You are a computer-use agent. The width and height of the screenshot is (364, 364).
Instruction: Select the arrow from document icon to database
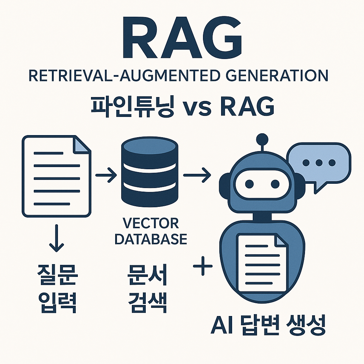[x=106, y=175]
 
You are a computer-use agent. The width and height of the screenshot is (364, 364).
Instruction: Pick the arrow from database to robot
[x=197, y=175]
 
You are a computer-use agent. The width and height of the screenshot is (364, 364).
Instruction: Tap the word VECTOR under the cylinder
[x=150, y=224]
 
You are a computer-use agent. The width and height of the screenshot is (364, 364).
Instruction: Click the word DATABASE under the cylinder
[x=150, y=239]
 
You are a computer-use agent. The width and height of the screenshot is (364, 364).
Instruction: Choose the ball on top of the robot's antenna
[x=262, y=138]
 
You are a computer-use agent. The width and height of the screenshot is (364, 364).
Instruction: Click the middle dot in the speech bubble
[x=318, y=163]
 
